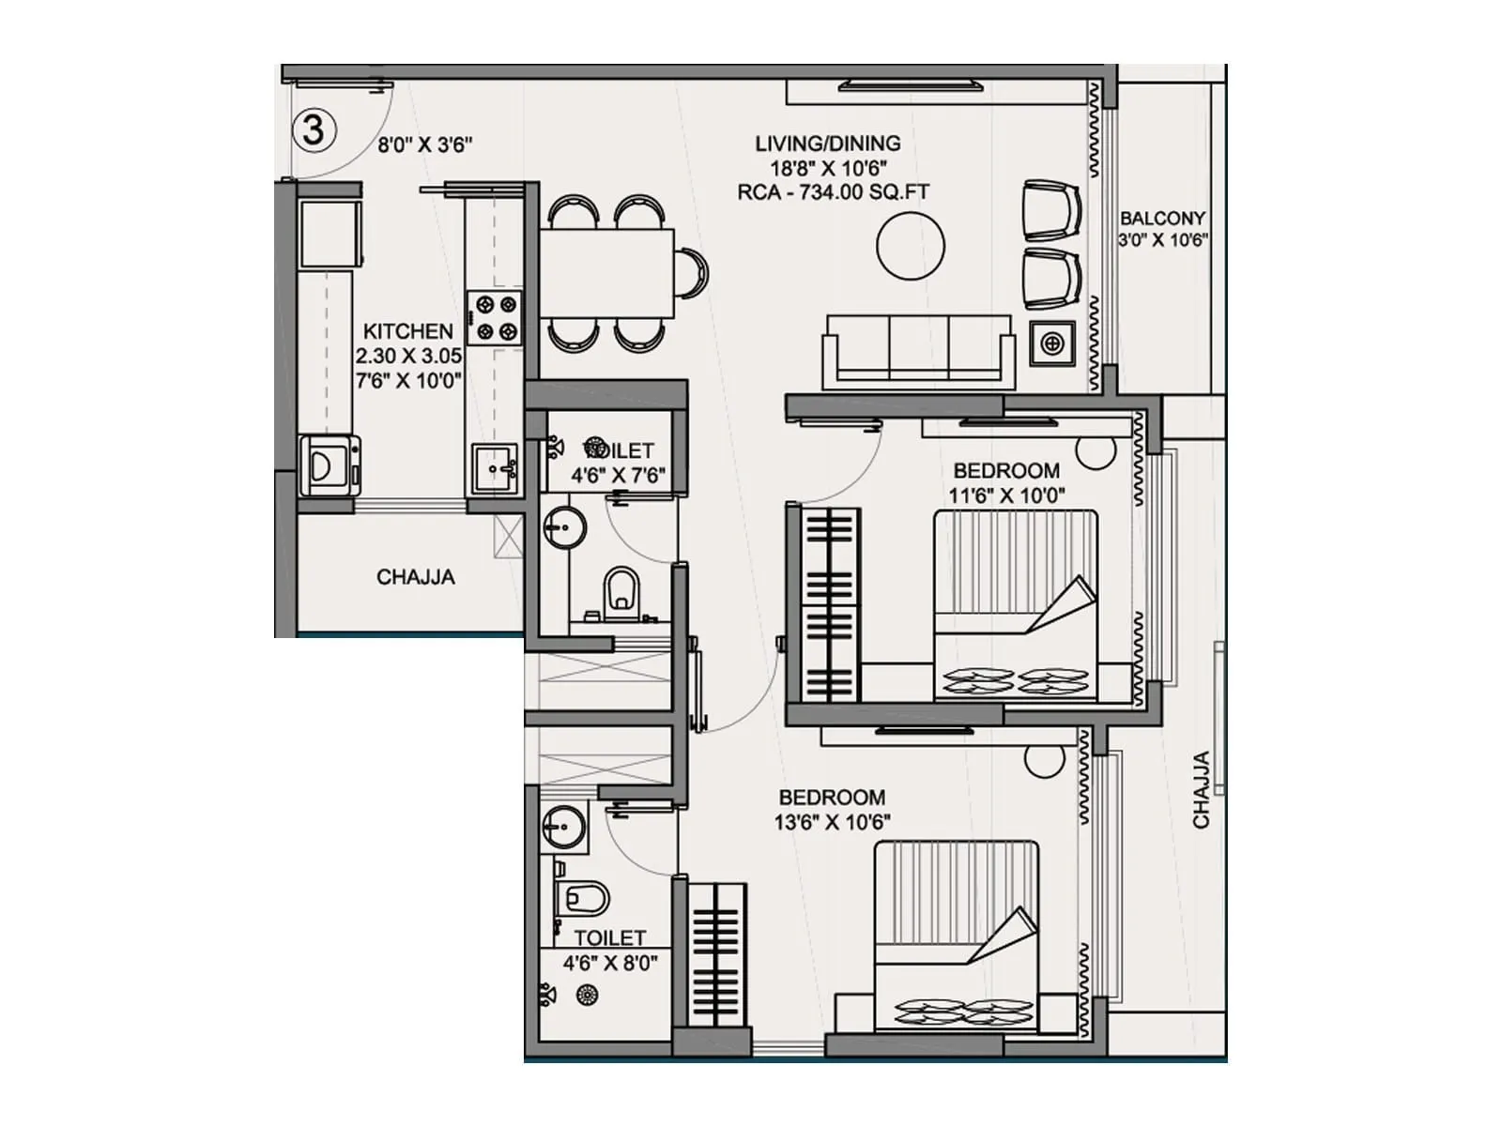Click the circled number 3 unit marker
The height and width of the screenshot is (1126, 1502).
pos(313,129)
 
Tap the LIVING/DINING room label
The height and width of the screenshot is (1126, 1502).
pos(827,144)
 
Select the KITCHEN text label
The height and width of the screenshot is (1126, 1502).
pos(407,331)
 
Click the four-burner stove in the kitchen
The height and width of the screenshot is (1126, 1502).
pos(495,317)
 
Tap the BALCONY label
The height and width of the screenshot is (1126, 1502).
pos(1162,218)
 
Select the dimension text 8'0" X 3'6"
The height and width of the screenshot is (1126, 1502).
pos(424,145)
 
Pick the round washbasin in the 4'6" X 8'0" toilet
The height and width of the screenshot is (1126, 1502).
pos(563,828)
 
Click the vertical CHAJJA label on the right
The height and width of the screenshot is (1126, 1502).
pos(1202,790)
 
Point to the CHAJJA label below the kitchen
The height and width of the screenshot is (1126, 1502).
pos(415,577)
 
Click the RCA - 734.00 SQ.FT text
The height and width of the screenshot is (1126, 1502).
pos(834,192)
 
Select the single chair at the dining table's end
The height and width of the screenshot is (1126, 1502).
pos(693,273)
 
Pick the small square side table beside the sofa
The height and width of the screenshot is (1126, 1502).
pos(1052,343)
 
